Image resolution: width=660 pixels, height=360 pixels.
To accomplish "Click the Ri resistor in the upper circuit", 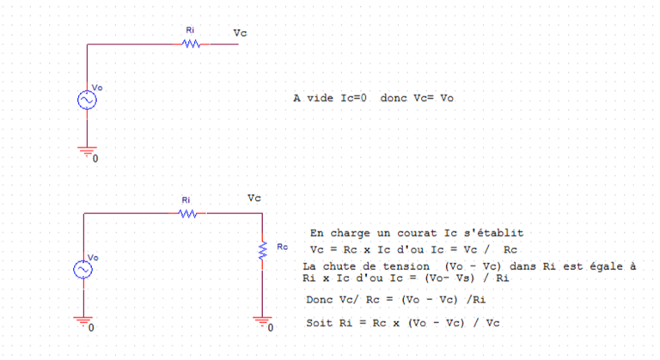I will [x=191, y=45].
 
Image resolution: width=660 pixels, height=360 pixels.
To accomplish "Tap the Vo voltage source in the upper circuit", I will [x=87, y=100].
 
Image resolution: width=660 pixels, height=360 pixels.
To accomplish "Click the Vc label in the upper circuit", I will [x=241, y=33].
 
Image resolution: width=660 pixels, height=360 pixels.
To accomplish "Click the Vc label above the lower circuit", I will [x=254, y=198].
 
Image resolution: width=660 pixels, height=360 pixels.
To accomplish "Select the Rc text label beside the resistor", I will [x=282, y=247].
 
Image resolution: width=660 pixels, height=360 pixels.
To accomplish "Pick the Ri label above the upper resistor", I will [x=190, y=30].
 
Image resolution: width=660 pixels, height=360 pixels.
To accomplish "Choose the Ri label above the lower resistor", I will [x=186, y=199].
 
